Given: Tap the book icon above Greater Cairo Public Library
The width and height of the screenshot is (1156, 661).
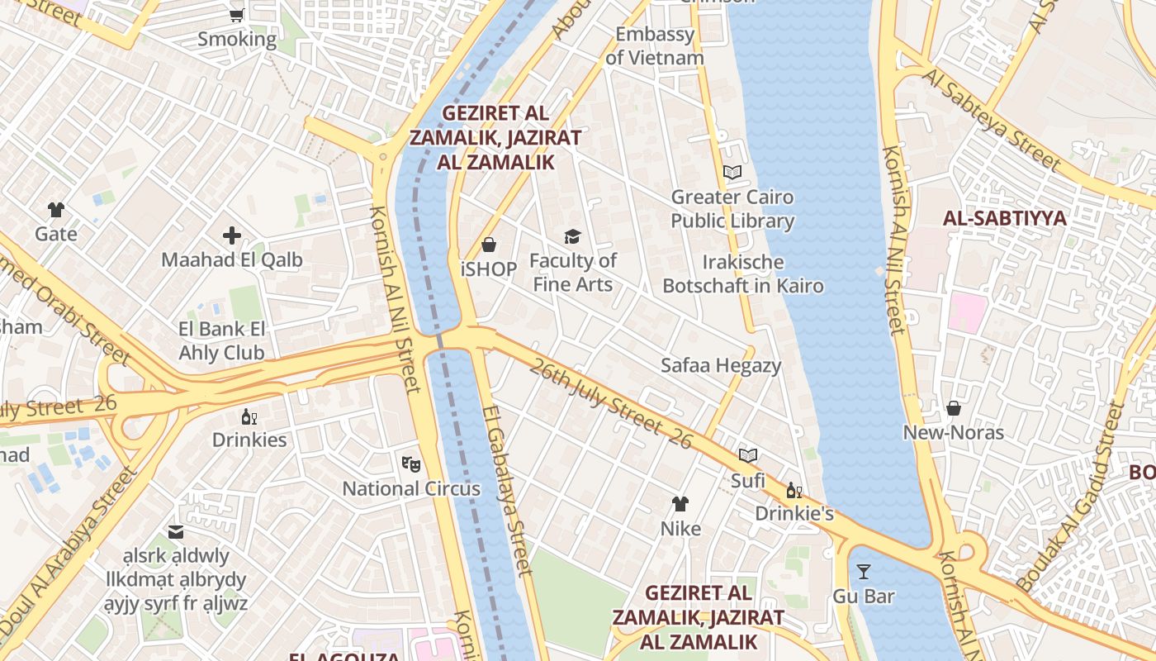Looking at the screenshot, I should pyautogui.click(x=732, y=173).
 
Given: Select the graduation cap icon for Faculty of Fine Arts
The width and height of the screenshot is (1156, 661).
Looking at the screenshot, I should pyautogui.click(x=573, y=237).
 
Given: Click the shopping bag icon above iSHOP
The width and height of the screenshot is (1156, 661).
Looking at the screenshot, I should pyautogui.click(x=489, y=245).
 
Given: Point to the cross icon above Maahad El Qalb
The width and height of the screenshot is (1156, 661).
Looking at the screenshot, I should pyautogui.click(x=232, y=235).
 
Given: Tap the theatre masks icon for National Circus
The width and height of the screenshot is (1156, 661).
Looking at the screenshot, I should pyautogui.click(x=410, y=464).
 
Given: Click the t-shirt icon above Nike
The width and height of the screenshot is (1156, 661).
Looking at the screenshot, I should pyautogui.click(x=680, y=503).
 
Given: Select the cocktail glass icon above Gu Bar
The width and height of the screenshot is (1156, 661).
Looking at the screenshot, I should pyautogui.click(x=863, y=571).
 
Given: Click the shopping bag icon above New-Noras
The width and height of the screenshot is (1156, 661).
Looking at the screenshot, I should pyautogui.click(x=953, y=408).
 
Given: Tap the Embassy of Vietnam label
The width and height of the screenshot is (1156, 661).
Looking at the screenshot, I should pyautogui.click(x=655, y=46).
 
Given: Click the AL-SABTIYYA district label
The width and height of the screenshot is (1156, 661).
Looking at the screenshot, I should pyautogui.click(x=1004, y=219).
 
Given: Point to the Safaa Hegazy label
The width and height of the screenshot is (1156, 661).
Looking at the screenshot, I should pyautogui.click(x=720, y=365).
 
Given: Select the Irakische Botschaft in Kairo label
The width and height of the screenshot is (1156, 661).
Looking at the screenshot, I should pyautogui.click(x=743, y=274).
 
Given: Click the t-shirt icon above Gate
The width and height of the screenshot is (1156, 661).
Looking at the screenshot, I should pyautogui.click(x=56, y=210).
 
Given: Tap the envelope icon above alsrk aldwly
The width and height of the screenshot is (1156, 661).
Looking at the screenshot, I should pyautogui.click(x=176, y=531).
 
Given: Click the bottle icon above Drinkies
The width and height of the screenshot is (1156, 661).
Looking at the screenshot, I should pyautogui.click(x=249, y=416).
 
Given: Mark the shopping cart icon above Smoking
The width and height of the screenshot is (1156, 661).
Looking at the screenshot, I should pyautogui.click(x=237, y=14).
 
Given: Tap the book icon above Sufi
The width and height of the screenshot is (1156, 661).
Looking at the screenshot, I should pyautogui.click(x=748, y=455).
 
